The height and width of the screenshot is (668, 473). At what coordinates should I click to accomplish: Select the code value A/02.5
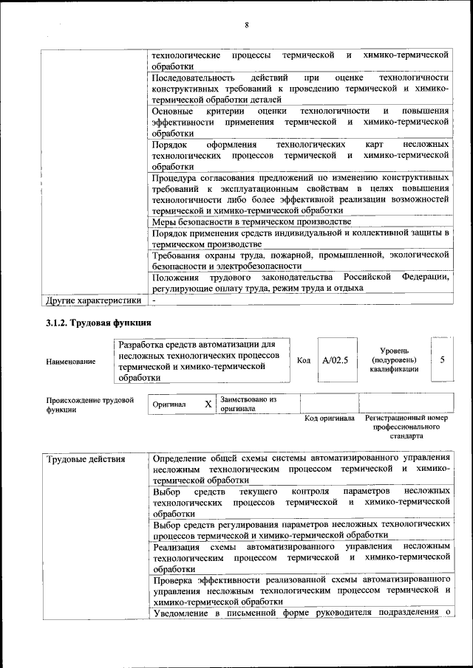pyautogui.click(x=335, y=359)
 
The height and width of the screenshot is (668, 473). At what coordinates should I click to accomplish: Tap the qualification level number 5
pyautogui.click(x=442, y=359)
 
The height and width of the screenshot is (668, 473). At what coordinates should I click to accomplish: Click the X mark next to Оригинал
pyautogui.click(x=208, y=404)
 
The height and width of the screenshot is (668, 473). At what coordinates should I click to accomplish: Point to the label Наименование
pyautogui.click(x=71, y=361)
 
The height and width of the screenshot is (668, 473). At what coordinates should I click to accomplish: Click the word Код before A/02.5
pyautogui.click(x=303, y=360)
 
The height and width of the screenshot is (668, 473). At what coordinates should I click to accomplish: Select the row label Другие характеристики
pyautogui.click(x=93, y=300)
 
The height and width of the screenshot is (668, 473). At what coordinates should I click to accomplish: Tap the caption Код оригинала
pyautogui.click(x=330, y=419)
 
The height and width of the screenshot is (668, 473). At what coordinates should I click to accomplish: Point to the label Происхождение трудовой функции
pyautogui.click(x=89, y=404)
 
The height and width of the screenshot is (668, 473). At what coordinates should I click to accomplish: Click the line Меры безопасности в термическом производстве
pyautogui.click(x=251, y=221)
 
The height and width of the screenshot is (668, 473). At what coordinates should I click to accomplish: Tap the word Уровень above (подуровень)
pyautogui.click(x=399, y=350)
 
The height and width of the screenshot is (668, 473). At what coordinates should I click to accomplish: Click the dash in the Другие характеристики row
pyautogui.click(x=154, y=300)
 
